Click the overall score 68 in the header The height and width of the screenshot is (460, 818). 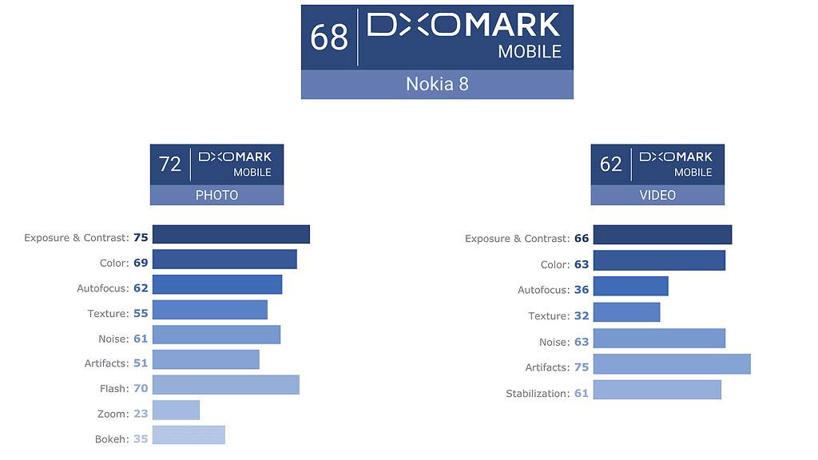point(329,37)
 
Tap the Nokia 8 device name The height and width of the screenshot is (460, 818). point(437,84)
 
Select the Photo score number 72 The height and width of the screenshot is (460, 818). point(170,164)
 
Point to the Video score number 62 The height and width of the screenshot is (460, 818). point(611,164)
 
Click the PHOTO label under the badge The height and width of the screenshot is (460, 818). point(216,195)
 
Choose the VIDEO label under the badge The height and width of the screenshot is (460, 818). point(657,195)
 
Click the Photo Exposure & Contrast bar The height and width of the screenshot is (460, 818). point(231,234)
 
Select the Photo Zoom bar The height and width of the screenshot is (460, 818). point(176,410)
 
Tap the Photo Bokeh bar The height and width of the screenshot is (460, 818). point(189,435)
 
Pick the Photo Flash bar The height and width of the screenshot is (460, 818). point(225,385)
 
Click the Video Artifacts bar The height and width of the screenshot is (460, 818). point(672,364)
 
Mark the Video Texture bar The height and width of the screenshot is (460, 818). point(626,312)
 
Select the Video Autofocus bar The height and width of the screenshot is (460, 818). point(630,287)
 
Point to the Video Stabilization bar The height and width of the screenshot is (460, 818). point(657,390)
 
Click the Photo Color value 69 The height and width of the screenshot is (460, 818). point(141,263)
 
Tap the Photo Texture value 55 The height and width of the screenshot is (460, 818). point(141,314)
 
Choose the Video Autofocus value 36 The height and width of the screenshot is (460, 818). point(582,290)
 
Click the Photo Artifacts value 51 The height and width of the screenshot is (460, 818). point(141,363)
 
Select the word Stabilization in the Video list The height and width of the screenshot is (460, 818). point(537,394)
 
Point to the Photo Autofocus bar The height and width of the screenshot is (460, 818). point(216,285)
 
